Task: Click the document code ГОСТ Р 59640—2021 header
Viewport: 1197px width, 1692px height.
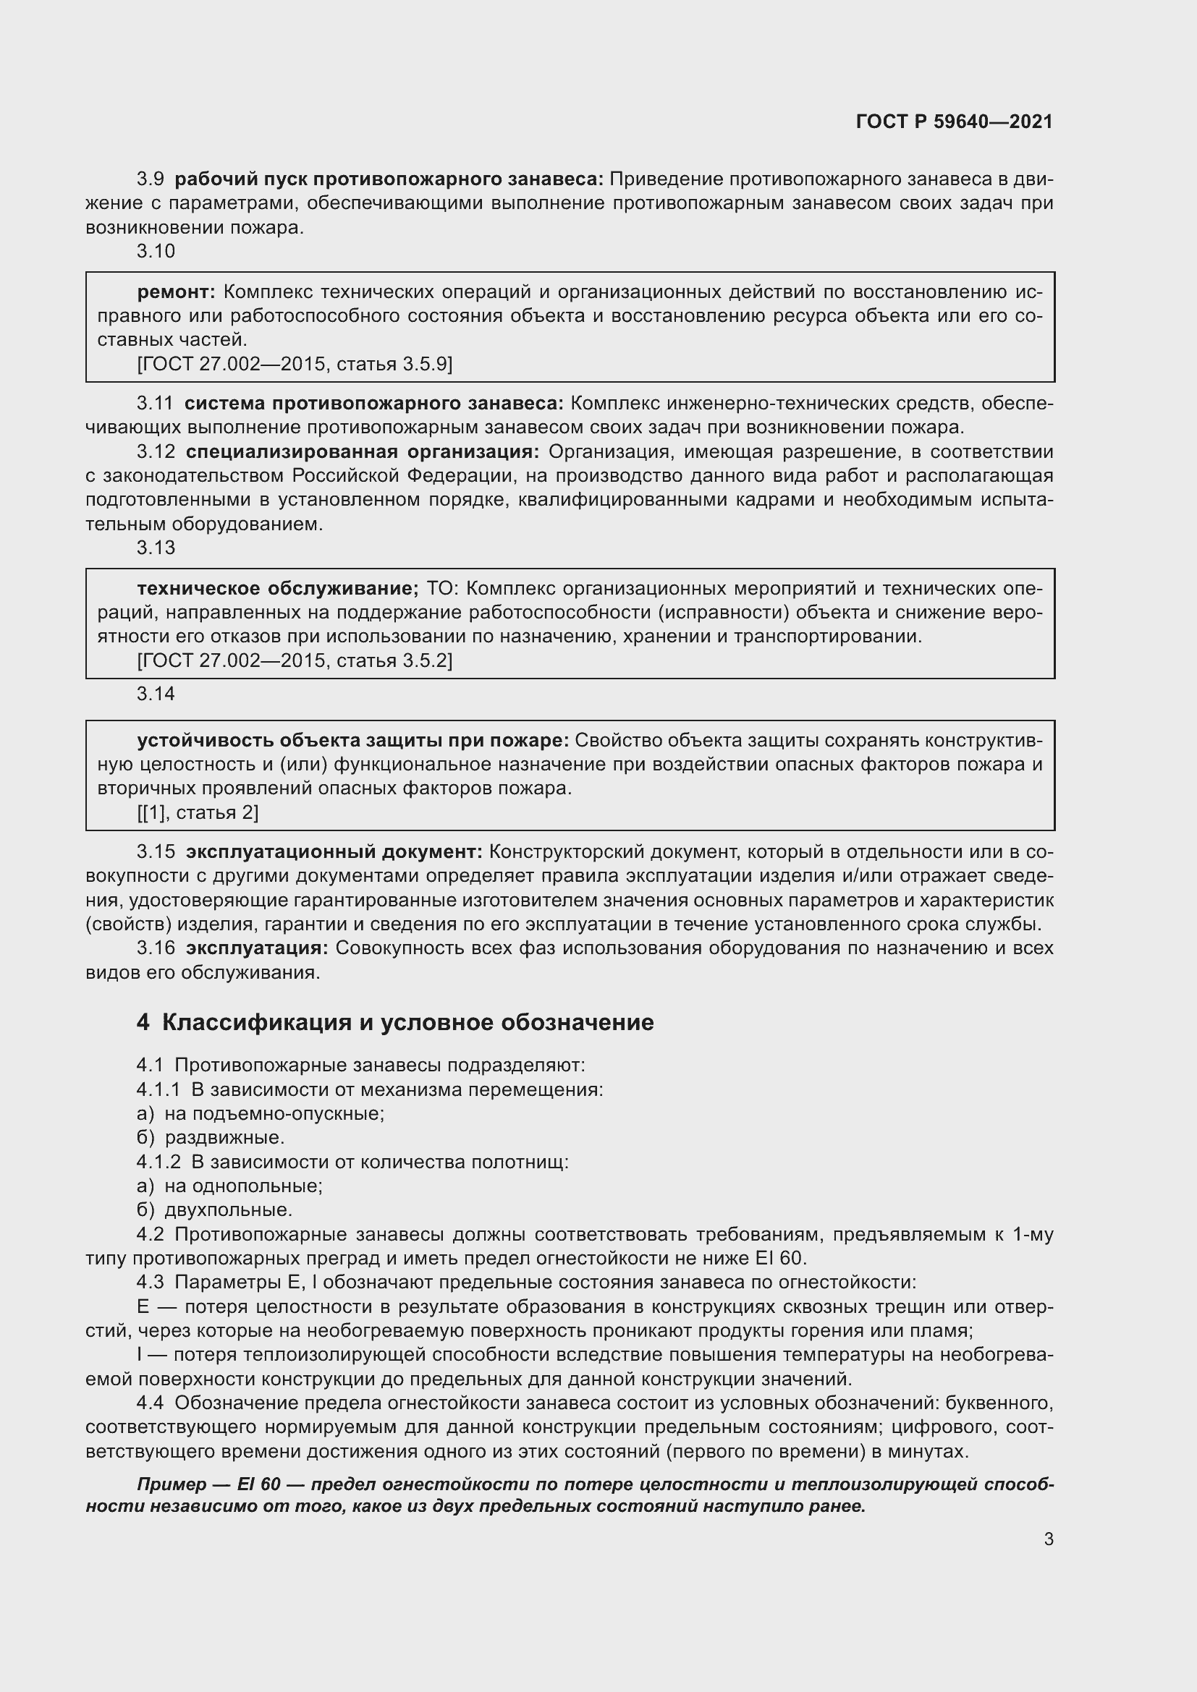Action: tap(954, 122)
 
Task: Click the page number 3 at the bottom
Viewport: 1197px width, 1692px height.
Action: tap(1048, 1539)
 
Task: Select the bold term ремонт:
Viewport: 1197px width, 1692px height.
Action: tap(176, 292)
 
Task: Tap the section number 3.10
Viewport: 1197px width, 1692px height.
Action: tap(156, 251)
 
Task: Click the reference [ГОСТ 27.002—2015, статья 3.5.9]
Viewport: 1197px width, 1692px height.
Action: tap(295, 364)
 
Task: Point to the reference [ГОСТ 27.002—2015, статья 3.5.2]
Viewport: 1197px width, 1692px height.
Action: tap(295, 660)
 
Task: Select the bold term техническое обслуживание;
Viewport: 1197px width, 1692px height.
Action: tap(277, 588)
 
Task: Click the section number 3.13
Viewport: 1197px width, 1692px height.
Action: tap(156, 548)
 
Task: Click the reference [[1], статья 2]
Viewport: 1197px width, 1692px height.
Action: tap(198, 812)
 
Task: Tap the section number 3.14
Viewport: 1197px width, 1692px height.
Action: tap(156, 694)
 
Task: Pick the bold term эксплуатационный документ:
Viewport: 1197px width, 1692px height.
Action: tap(334, 852)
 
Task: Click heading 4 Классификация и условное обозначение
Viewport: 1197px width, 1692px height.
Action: tap(395, 1022)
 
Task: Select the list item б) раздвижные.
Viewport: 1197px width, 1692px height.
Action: tap(211, 1137)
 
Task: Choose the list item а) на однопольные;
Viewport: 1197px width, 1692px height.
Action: tap(230, 1186)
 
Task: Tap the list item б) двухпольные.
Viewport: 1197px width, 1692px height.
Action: tap(214, 1210)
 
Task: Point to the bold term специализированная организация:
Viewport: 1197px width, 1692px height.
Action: tap(362, 451)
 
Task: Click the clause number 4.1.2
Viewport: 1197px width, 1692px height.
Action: tap(158, 1162)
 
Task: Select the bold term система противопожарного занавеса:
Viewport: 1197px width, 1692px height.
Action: tap(373, 403)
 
